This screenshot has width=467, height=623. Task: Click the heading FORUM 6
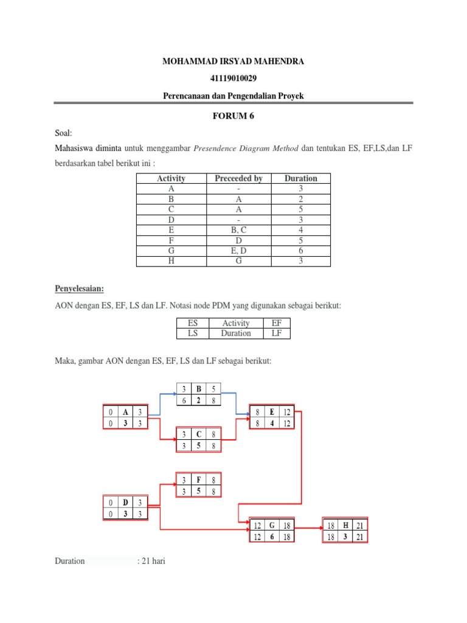(x=233, y=117)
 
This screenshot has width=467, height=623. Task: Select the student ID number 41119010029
(x=233, y=79)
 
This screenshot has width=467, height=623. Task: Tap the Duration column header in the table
(x=300, y=178)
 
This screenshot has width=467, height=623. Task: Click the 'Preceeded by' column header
(x=238, y=178)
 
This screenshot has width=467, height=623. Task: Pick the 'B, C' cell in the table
(x=238, y=230)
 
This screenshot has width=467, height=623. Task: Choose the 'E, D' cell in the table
(x=238, y=251)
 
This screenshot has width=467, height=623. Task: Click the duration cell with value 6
(x=300, y=251)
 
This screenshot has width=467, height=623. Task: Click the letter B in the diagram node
(x=198, y=388)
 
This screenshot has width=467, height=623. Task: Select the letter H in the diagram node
(x=345, y=524)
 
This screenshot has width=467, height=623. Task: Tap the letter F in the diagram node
(x=198, y=479)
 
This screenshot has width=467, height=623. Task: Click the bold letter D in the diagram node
(x=125, y=502)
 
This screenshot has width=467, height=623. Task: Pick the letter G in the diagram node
(x=271, y=524)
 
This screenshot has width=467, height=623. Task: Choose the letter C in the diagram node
(x=198, y=434)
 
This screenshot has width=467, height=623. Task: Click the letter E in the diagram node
(x=271, y=411)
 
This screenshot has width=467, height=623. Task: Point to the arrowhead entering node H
(x=319, y=530)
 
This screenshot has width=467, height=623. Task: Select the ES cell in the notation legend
(x=193, y=323)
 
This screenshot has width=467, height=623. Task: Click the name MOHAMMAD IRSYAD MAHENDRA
(x=233, y=61)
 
